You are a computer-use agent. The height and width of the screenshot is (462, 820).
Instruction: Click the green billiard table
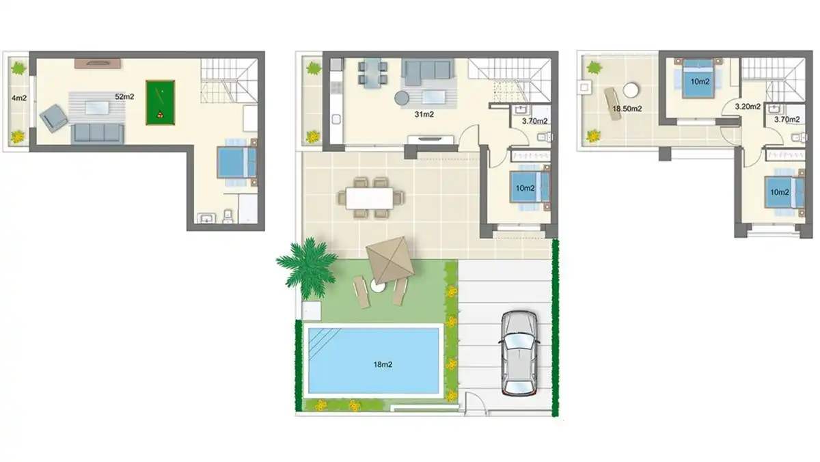coord(160,103)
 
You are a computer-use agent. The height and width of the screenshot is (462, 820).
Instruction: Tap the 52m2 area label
coord(124,97)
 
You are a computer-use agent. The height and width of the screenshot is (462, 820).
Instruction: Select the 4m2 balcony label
coord(18,98)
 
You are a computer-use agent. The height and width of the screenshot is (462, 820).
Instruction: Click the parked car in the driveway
coord(519,353)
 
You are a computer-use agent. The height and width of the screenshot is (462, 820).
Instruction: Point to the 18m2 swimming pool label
coord(383,364)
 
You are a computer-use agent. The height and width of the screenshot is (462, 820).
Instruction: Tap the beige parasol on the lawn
coord(387,260)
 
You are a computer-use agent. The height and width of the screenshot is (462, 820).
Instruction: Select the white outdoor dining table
coord(370,198)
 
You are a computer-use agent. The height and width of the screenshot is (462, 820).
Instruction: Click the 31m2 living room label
coord(424,114)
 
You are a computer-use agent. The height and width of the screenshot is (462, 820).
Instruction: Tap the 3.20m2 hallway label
coord(746,107)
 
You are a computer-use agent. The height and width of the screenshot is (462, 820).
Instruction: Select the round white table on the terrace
coord(631,90)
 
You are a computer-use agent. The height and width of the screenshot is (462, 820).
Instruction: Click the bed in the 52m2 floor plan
coord(237,163)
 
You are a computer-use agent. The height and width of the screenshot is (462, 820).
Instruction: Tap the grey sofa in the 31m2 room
coord(427,71)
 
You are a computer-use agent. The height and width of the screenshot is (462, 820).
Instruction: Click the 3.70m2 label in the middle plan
coord(535,121)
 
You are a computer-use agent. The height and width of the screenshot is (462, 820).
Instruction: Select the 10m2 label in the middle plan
coord(524,188)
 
